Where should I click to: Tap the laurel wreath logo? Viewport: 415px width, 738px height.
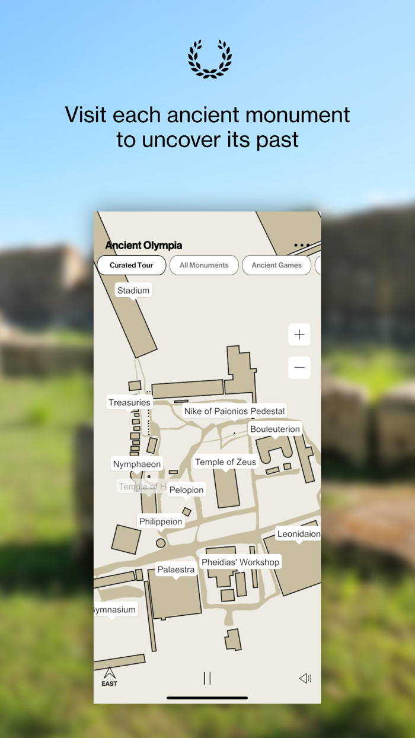point(210,59)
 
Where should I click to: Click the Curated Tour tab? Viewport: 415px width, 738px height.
point(131,265)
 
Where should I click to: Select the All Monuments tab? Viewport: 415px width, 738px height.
point(204,265)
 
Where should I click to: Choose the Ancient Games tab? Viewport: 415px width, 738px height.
point(276,265)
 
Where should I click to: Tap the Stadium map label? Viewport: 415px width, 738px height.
point(133,290)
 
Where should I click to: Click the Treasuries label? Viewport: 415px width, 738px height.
point(129,402)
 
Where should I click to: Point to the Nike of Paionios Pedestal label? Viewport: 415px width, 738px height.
point(234,411)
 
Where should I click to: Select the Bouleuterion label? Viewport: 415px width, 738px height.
point(275,429)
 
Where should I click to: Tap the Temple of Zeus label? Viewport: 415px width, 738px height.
point(225,462)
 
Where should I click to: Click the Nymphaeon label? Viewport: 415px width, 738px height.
point(137,464)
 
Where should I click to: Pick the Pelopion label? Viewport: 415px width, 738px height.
point(186,490)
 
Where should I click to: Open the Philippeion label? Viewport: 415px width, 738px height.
point(161,521)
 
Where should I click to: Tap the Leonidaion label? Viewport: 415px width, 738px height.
point(299,534)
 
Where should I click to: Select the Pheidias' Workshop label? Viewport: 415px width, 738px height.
point(240,562)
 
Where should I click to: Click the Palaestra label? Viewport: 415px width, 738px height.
point(175,570)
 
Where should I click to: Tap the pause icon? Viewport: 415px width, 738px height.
point(207,678)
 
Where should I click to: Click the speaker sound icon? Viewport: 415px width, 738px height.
point(305,678)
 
